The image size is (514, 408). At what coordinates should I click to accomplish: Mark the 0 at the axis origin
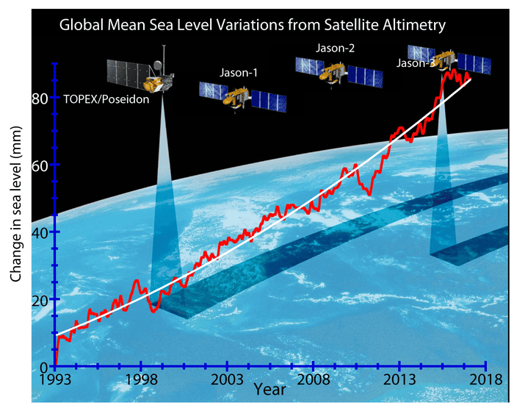(x=43, y=367)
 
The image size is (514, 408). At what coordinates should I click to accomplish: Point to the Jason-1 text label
(x=239, y=73)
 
